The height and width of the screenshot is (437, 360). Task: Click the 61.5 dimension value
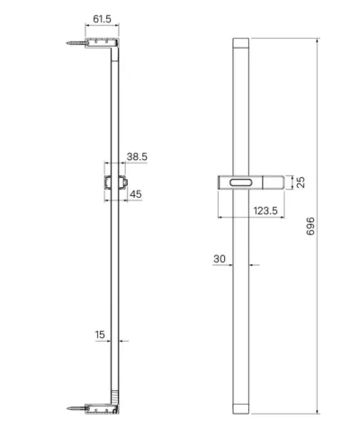(102, 19)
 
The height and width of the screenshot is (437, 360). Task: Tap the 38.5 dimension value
(137, 156)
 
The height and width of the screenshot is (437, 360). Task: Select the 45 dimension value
(136, 194)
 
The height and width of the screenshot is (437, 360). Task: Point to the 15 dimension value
(100, 334)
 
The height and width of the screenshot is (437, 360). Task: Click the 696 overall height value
(310, 226)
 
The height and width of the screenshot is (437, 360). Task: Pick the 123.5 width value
(265, 210)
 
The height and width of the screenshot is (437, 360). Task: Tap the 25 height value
(301, 183)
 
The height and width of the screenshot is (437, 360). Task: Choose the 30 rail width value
(220, 259)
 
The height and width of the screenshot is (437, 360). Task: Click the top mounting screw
(76, 43)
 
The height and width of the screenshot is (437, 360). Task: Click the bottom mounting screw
(76, 408)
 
